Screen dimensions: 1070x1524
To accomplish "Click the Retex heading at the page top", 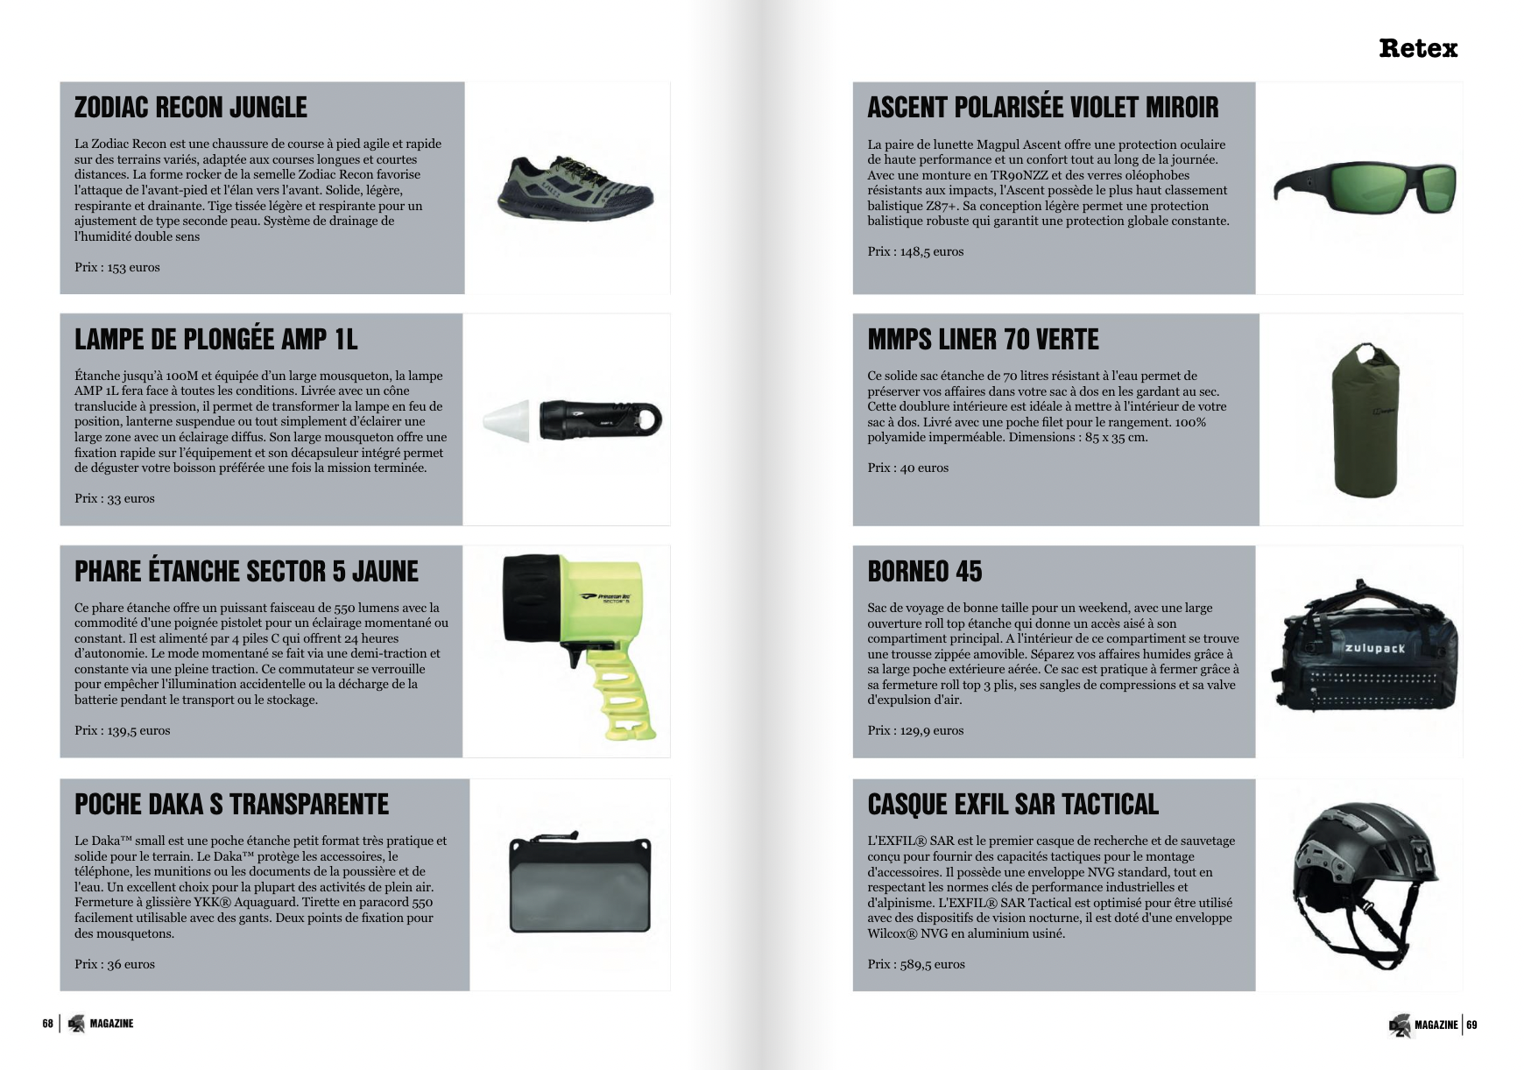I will click(1417, 48).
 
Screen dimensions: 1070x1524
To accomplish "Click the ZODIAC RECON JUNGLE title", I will click(191, 108).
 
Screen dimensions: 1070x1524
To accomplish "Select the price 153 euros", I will click(117, 267).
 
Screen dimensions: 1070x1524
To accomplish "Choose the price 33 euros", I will click(115, 498).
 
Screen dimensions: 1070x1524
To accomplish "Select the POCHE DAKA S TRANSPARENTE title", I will click(231, 804).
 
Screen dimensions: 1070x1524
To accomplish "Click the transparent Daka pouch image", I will click(581, 884).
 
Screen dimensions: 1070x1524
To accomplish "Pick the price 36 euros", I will click(115, 964).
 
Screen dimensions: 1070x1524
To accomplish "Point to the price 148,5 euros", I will click(915, 251).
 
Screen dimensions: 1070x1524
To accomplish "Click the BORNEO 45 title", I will click(925, 572).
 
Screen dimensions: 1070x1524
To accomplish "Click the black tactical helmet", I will click(1358, 876).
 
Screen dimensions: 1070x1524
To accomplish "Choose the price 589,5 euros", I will click(916, 964).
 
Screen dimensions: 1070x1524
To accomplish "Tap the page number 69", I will click(1472, 1024).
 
